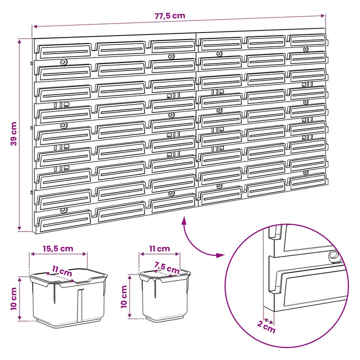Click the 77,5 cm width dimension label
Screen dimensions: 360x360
(169, 16)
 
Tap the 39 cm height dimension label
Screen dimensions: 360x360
(14, 134)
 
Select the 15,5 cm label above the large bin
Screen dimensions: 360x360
(58, 248)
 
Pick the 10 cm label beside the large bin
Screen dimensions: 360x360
(14, 298)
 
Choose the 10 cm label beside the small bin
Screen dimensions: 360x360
(124, 296)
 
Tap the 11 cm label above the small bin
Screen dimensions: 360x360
(159, 248)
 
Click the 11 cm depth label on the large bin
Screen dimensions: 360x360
(62, 271)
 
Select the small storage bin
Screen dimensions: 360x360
(165, 295)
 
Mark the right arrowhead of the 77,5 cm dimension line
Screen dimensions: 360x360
(322, 15)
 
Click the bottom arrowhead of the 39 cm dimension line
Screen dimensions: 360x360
(19, 228)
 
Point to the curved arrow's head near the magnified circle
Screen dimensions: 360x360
(220, 255)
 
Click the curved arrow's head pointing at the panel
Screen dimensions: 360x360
(183, 220)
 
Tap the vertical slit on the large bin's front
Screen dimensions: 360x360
(79, 305)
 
